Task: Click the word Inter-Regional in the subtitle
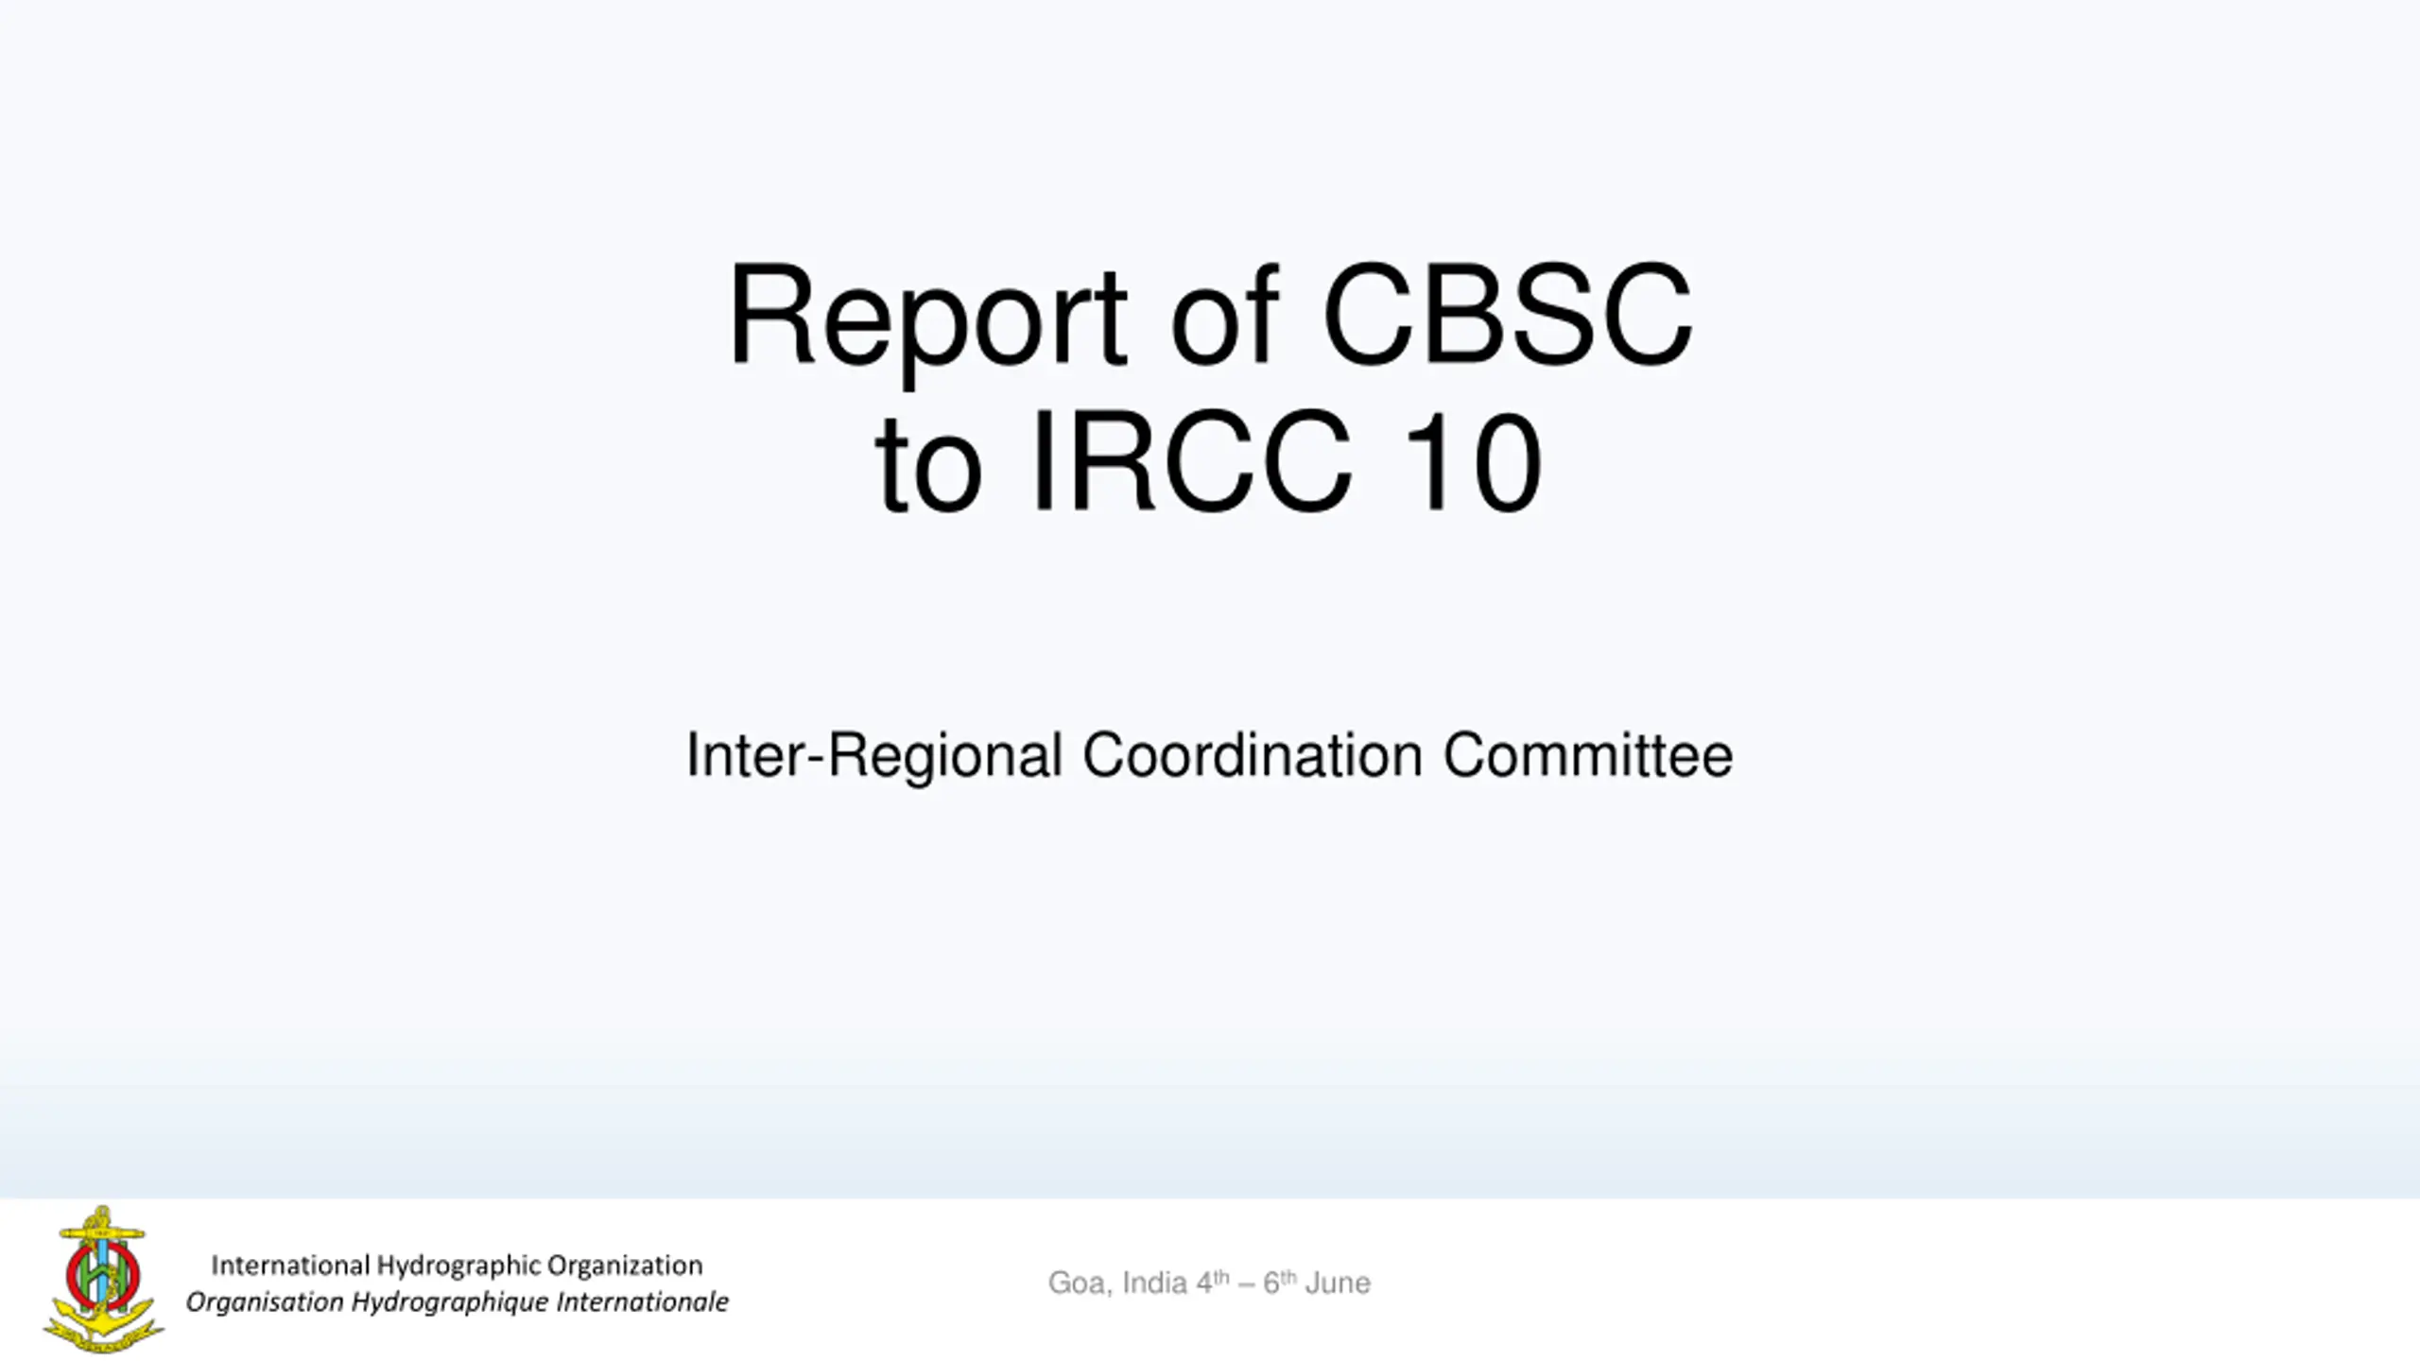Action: coord(874,756)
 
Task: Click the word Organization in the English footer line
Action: coord(625,1266)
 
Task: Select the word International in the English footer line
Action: coord(290,1265)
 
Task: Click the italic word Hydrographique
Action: coord(449,1302)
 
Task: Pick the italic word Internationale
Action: coord(642,1301)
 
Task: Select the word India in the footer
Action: coord(1154,1283)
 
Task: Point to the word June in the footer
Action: coord(1338,1283)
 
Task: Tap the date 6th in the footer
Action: coord(1280,1282)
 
